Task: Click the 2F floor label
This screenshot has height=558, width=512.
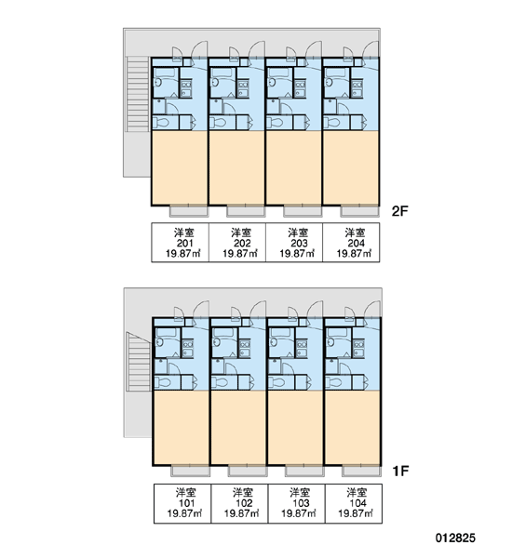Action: click(399, 211)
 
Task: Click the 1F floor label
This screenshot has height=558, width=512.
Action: click(400, 472)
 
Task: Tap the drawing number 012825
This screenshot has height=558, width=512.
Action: click(455, 538)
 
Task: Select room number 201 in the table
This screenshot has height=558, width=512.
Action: click(184, 244)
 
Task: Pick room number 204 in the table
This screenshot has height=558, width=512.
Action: click(356, 244)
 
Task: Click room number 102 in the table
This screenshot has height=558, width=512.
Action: click(244, 503)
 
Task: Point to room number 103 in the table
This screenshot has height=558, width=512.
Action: click(301, 503)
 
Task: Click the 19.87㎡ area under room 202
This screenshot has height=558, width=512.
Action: click(240, 254)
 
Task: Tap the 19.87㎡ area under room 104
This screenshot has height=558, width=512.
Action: click(356, 513)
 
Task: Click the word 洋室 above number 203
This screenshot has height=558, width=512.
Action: click(298, 233)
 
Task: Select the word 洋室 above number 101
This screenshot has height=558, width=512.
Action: click(185, 493)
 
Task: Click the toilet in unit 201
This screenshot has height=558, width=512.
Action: click(161, 123)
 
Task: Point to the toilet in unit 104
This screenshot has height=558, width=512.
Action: click(334, 382)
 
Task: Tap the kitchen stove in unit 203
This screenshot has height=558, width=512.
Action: click(300, 85)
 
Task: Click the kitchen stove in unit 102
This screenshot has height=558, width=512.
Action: click(245, 344)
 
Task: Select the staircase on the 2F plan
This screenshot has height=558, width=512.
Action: click(138, 94)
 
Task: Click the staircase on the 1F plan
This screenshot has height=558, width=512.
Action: click(139, 362)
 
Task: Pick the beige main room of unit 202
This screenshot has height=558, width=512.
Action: click(236, 168)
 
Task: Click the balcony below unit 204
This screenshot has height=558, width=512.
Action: click(360, 211)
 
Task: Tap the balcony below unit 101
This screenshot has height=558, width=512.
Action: click(191, 471)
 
